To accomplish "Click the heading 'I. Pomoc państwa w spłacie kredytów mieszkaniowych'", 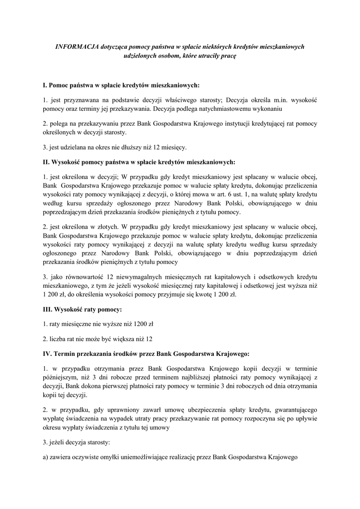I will tap(121, 85).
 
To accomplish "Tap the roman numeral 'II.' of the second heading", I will tap(47, 162).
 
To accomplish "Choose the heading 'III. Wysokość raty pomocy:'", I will tap(83, 310).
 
